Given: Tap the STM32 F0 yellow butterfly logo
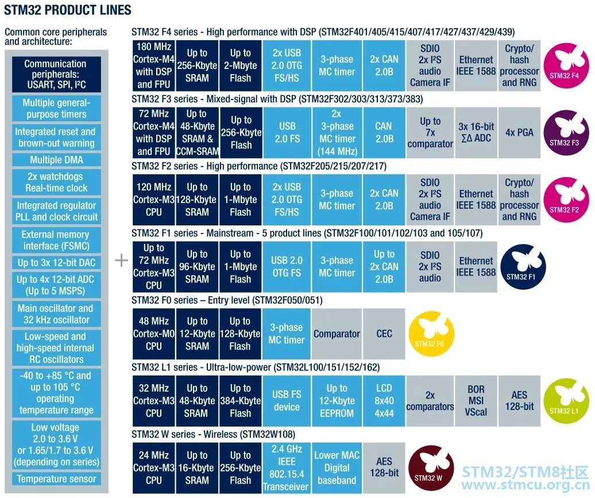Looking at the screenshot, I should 431,334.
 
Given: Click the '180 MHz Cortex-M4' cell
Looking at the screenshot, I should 153,66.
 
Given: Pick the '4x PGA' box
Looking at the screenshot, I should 519,132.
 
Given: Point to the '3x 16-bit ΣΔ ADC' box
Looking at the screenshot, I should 476,132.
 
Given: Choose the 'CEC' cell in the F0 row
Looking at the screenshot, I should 384,334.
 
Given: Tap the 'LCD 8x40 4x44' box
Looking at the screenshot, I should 384,401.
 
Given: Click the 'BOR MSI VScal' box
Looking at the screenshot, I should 476,401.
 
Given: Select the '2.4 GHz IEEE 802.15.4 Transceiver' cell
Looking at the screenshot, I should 286,468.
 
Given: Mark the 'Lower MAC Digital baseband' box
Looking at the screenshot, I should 337,468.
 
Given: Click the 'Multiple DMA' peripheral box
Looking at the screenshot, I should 56,160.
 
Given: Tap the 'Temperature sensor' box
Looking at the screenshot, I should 56,479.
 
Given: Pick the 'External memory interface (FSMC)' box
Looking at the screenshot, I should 56,240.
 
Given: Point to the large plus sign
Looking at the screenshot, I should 121,261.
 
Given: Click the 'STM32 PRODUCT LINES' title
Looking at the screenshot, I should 68,10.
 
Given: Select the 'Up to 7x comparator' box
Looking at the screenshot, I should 430,132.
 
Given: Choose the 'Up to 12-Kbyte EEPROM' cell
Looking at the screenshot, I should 337,401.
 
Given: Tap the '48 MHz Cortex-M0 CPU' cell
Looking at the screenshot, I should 153,334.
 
